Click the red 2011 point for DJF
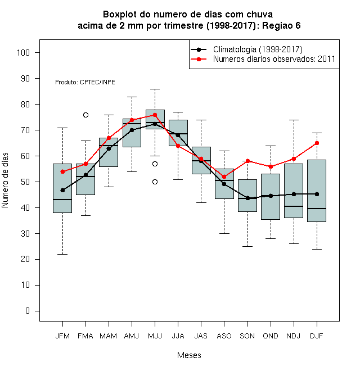coord(317,143)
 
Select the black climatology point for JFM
coord(63,190)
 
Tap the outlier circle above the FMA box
coord(85,115)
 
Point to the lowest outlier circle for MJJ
coord(155,182)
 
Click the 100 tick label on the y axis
coord(23,52)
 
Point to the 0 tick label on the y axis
coord(28,311)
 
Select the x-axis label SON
coord(247,336)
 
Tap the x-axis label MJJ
coord(155,336)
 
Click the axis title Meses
coord(189,355)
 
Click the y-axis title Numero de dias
coord(5,180)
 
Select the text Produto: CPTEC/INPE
coord(85,82)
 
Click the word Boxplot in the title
coord(120,15)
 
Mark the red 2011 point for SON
coord(247,161)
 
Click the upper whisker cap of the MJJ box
coord(155,89)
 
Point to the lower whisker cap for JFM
coord(63,254)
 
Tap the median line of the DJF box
coord(317,209)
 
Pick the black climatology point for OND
coord(271,196)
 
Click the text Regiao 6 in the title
coord(281,25)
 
